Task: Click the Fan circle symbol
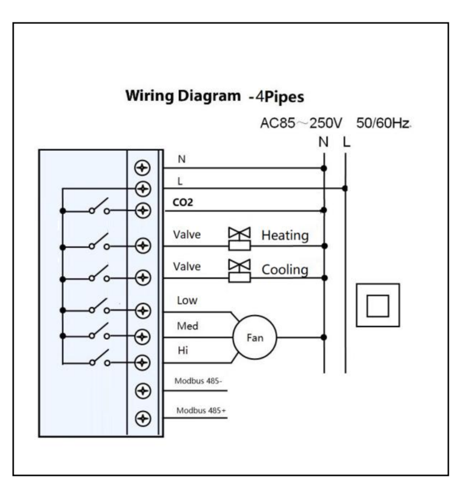coord(254,338)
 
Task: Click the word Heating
coord(285,235)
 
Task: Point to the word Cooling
coord(284,270)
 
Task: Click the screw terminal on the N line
coord(143,167)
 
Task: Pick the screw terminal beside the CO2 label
coord(143,210)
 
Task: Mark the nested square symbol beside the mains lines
coord(377,305)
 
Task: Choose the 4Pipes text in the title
coord(280,96)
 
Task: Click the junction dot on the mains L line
coord(345,188)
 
